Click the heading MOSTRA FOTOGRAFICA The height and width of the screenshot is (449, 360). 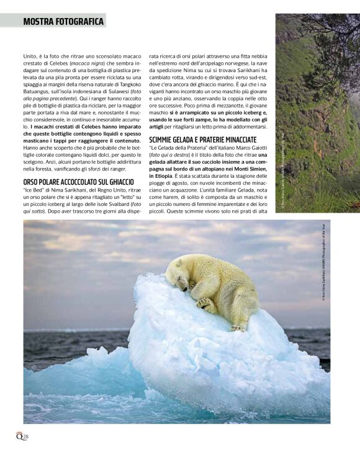point(63,21)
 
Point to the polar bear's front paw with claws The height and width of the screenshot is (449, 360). point(205,303)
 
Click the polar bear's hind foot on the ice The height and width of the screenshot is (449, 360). point(238,327)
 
